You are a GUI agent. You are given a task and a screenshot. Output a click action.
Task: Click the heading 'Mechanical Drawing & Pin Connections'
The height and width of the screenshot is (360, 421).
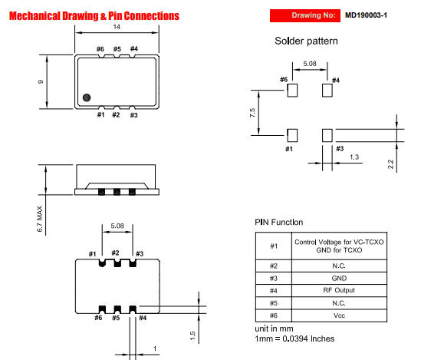(94, 15)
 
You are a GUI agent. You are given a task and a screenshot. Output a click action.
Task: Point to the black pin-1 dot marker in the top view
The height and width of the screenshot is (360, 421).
(87, 97)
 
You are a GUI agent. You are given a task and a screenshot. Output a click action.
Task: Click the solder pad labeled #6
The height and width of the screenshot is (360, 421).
(291, 91)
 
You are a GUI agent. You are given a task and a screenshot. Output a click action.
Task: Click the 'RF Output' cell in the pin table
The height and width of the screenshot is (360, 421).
(332, 291)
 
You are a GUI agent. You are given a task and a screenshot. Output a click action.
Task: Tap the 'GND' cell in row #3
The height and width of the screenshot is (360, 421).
(332, 277)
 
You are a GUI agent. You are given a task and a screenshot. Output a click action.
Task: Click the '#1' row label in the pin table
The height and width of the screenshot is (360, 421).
(274, 246)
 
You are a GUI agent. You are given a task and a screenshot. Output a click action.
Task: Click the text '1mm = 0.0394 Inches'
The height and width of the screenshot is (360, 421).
(294, 339)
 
